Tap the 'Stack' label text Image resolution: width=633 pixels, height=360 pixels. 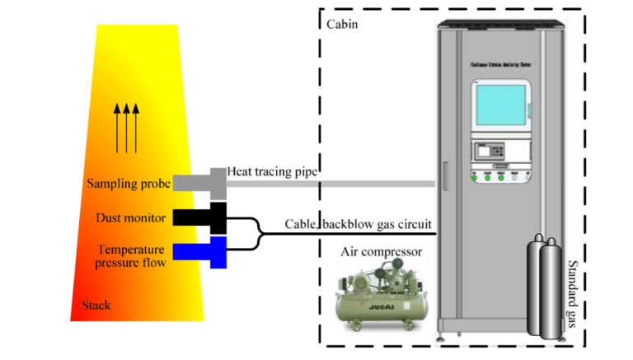pos(96,306)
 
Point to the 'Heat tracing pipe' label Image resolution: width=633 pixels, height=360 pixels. pos(273,171)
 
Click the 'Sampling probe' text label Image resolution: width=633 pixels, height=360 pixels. pos(129,184)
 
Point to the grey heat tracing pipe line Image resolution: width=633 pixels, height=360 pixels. pos(330,183)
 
